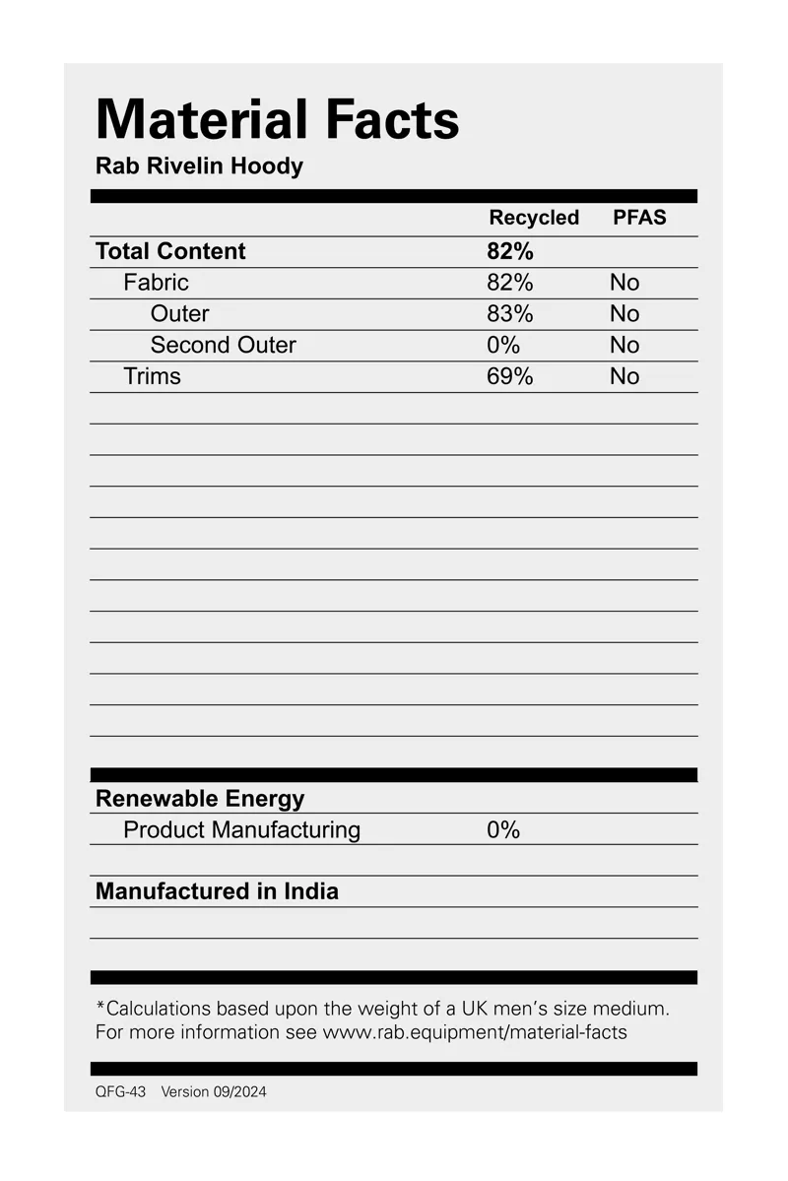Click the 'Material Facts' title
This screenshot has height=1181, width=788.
(x=277, y=120)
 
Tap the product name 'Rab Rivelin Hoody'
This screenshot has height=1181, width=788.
(x=199, y=165)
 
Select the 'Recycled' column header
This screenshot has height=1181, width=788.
(x=534, y=218)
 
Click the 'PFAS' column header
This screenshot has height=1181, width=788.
(x=639, y=218)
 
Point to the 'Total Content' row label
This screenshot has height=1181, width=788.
(x=170, y=251)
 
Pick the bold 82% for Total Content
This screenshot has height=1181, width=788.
(x=509, y=251)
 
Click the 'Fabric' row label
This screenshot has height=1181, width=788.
(x=156, y=283)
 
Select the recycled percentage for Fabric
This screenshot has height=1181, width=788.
(x=509, y=283)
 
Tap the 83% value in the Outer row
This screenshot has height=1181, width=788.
(x=509, y=314)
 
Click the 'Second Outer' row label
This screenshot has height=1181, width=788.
(x=223, y=346)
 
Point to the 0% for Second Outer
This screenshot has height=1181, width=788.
(x=502, y=346)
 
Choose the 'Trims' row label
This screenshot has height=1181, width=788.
(x=152, y=376)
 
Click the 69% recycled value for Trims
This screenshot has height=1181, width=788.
(x=509, y=376)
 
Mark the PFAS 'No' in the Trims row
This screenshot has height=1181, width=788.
(x=624, y=376)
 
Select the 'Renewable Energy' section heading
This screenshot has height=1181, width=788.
(x=200, y=799)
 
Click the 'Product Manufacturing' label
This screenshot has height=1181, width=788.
(x=241, y=830)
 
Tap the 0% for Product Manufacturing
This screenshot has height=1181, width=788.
(x=502, y=830)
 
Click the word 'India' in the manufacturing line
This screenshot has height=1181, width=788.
(x=311, y=891)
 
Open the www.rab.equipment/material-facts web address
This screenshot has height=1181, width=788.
(x=475, y=1032)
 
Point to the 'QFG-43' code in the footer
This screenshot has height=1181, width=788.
(x=120, y=1091)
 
